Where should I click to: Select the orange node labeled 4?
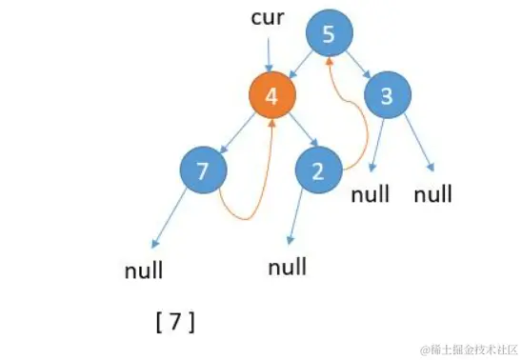[x=271, y=96]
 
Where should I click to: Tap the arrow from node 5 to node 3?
[x=356, y=64]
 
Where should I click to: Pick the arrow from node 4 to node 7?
[x=238, y=133]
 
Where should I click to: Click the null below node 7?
[x=144, y=270]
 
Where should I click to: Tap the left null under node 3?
[x=371, y=195]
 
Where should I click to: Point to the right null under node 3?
[x=432, y=195]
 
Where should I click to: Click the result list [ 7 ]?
[x=174, y=321]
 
